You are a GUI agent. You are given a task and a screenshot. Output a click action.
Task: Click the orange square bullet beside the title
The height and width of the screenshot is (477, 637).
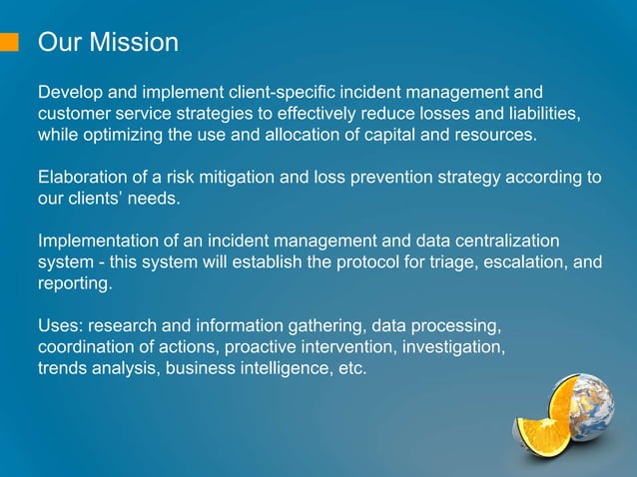(x=10, y=42)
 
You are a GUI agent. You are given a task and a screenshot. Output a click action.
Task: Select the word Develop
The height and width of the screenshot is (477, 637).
(x=69, y=93)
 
